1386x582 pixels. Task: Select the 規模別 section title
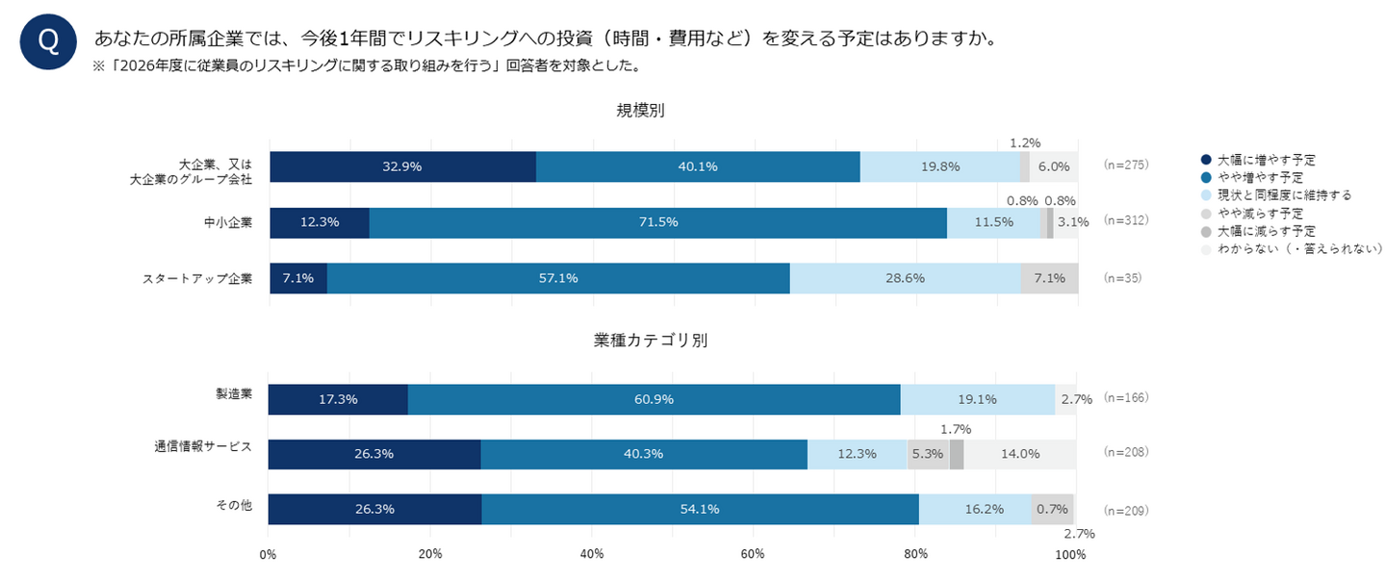640,111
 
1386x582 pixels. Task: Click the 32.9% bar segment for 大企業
402,166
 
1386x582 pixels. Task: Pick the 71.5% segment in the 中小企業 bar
657,222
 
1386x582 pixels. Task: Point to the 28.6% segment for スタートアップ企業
904,278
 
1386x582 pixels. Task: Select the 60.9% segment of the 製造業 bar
654,399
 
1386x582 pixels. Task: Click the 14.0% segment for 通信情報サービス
1019,454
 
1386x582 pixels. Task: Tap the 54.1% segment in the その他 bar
700,509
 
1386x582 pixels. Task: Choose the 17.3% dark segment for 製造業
338,399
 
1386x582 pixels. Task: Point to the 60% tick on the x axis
753,554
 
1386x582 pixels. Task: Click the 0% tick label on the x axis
269,554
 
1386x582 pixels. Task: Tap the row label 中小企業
228,222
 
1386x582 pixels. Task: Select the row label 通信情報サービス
203,446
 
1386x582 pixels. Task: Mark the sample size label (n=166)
1126,396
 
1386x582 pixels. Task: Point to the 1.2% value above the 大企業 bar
1025,143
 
